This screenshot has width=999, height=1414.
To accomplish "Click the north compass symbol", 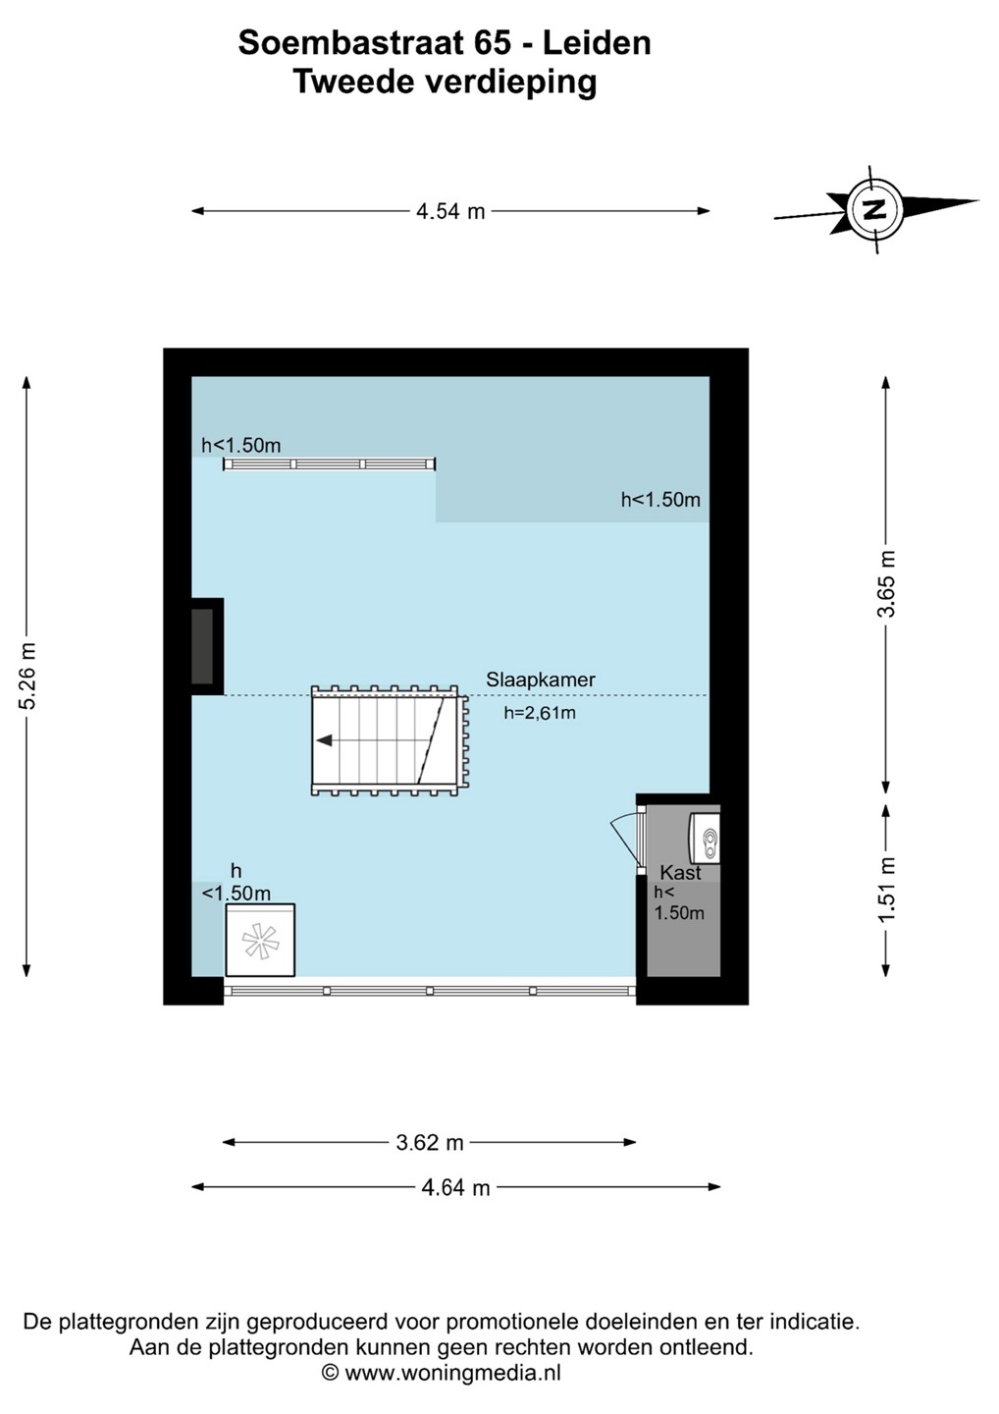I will [x=873, y=208].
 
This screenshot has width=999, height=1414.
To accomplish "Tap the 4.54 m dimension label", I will [x=450, y=211].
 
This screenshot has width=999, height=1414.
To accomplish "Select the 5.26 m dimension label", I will [x=27, y=676].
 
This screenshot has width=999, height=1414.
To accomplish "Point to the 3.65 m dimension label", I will [x=886, y=584].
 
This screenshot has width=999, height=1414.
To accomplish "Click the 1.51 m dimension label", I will [x=886, y=890].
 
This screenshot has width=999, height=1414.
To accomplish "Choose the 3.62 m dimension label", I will [x=430, y=1142].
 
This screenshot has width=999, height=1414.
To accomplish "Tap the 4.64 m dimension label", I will [x=455, y=1187].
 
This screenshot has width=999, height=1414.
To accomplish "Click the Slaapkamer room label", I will [x=540, y=680].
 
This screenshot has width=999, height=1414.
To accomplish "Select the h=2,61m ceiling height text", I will [x=540, y=713].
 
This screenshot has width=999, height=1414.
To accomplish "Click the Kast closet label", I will [x=680, y=872].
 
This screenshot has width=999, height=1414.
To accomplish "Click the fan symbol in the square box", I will [x=260, y=941].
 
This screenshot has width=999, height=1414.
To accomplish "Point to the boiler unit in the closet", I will [x=706, y=840].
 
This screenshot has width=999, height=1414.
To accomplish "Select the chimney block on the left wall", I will [x=204, y=645].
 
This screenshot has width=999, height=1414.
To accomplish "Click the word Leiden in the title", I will [x=597, y=43].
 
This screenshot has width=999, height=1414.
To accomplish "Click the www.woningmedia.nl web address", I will [x=452, y=1373].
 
